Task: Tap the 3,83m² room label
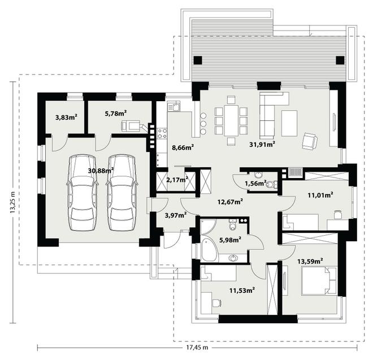pos(66,117)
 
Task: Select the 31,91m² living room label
pos(262,144)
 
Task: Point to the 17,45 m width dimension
pos(197,348)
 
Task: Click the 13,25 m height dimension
pos(12,202)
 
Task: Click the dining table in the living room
pos(231,120)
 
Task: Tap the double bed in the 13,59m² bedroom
pos(319,281)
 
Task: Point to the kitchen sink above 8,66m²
pos(174,106)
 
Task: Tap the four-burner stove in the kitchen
pos(162,133)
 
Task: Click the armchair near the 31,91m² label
pos(310,141)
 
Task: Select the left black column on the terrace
pos(198,60)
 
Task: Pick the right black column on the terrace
pos(340,60)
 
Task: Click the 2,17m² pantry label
pos(177,180)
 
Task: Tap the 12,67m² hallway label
pos(230,202)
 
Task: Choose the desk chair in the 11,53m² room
pos(216,303)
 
